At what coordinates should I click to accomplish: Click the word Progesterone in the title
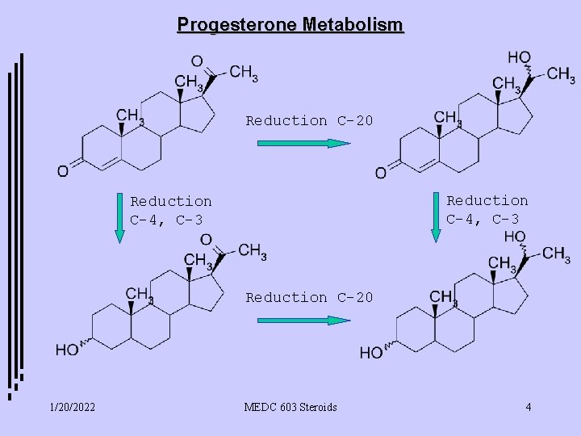click(x=238, y=25)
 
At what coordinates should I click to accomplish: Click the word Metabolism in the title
click(x=354, y=25)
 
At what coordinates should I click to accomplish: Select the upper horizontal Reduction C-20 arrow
click(x=303, y=144)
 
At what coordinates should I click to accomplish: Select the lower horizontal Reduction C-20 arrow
click(x=303, y=321)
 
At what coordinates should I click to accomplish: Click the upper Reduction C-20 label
click(x=309, y=121)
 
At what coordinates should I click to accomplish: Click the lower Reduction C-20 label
click(x=309, y=298)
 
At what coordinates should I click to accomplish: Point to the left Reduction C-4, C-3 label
click(x=171, y=210)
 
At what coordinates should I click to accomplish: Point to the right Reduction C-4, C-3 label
click(x=487, y=209)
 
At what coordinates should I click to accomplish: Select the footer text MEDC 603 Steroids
click(x=290, y=407)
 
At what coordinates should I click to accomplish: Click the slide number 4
click(x=528, y=407)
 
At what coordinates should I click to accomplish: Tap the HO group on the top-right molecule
click(x=519, y=57)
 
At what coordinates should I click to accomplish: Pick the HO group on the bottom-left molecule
click(x=67, y=350)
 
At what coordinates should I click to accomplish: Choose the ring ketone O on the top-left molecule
click(x=62, y=170)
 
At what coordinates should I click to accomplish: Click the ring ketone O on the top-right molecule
click(x=380, y=172)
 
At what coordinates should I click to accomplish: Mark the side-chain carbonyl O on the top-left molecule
click(x=196, y=61)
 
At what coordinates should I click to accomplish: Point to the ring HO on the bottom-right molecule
click(x=371, y=353)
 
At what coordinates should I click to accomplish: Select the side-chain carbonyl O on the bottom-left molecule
click(x=206, y=240)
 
